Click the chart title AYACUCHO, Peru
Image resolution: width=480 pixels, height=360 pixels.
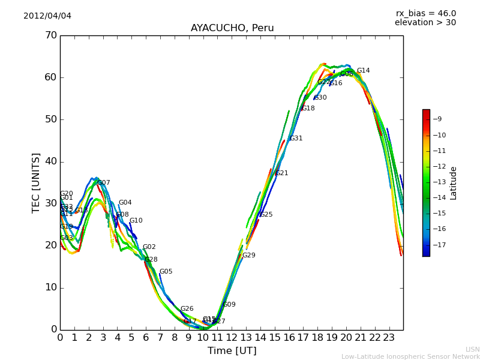coord(232,28)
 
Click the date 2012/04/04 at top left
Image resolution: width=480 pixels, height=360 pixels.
coord(47,16)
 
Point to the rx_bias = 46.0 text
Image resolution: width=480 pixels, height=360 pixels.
coord(425,13)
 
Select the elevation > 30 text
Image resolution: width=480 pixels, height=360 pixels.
coord(425,23)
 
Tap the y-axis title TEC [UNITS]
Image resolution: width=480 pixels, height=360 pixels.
coord(36,182)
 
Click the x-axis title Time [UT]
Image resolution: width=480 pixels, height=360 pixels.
coord(232,350)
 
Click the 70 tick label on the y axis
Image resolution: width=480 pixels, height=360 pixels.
coord(50,35)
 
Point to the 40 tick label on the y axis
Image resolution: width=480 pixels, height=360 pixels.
coord(50,161)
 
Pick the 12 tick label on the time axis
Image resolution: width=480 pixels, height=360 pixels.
coord(232,337)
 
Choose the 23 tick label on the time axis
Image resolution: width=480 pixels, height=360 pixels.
coord(389,337)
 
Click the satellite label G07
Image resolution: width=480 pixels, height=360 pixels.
coord(104,183)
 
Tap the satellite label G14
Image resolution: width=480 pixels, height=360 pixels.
coord(363,71)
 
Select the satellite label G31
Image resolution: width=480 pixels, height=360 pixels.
coord(296,139)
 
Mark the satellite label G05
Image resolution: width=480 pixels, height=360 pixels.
coord(166,272)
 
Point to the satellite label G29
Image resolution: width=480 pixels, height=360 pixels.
coord(248,256)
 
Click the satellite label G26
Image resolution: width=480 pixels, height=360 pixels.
coord(187,309)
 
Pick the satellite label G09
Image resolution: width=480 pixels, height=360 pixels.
coord(229,305)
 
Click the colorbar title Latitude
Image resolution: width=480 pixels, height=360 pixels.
coord(454,183)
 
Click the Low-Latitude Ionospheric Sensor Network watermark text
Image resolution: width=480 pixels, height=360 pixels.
coord(410,357)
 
